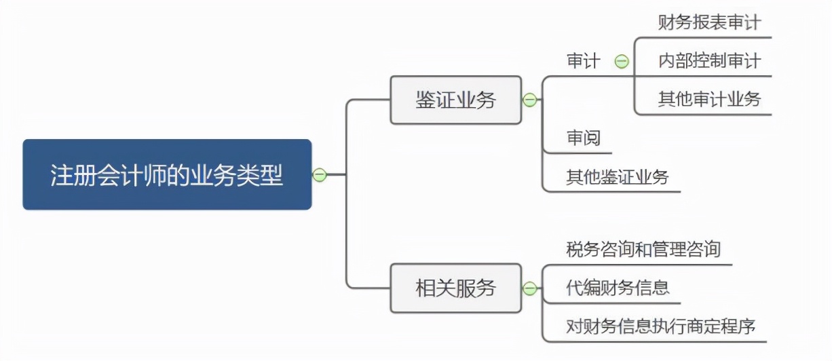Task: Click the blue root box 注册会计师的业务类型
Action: [x=167, y=175]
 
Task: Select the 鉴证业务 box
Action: [x=455, y=100]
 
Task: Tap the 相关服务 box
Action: [x=455, y=288]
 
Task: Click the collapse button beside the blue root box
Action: [x=320, y=175]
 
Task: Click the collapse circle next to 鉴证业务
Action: [x=530, y=100]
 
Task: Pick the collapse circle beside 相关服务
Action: [x=530, y=288]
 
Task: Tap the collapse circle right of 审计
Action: [x=622, y=62]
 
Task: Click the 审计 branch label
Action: [x=584, y=62]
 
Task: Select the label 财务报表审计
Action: [x=709, y=22]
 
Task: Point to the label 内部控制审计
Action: [x=709, y=61]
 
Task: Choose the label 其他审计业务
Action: [x=709, y=100]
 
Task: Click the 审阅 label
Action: [x=584, y=138]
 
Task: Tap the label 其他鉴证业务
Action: [x=618, y=178]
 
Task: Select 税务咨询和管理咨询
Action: [x=643, y=250]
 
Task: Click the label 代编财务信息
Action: [x=618, y=288]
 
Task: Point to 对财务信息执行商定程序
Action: [x=661, y=327]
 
